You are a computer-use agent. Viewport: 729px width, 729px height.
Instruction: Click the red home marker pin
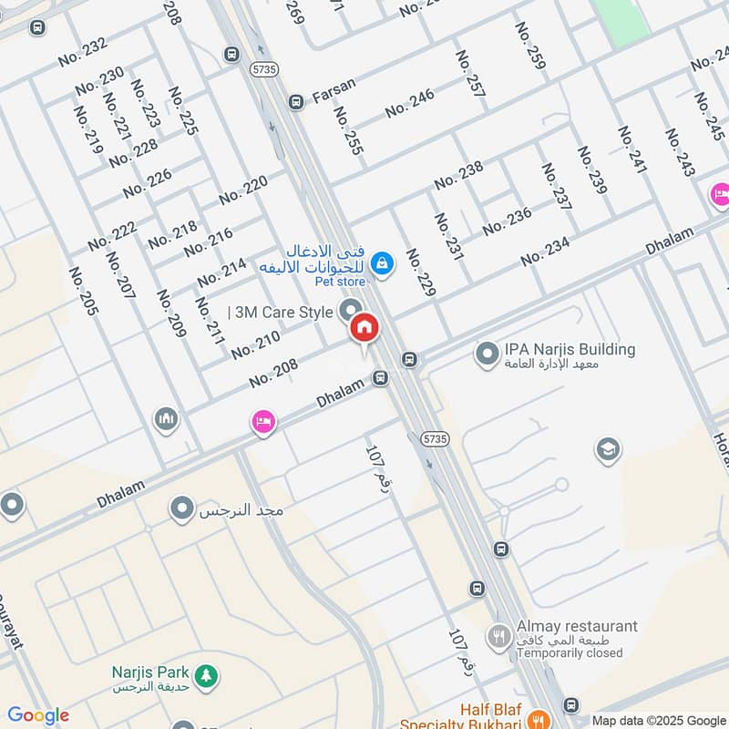[364, 328]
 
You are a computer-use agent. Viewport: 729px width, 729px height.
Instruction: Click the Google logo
[37, 715]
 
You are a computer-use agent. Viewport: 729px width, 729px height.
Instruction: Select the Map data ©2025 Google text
[659, 720]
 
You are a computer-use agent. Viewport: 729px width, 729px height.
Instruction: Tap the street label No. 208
[272, 372]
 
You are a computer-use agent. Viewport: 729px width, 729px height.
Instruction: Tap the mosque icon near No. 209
[165, 418]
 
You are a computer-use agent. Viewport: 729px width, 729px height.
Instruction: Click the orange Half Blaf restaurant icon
[539, 717]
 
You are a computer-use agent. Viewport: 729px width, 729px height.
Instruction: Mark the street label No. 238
[458, 174]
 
